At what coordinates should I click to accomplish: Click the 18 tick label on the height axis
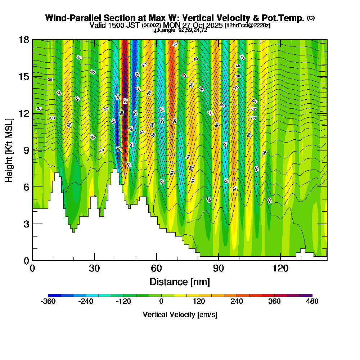[x=24, y=40]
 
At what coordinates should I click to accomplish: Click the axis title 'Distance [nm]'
[x=180, y=282]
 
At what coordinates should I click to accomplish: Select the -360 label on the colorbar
[x=48, y=302]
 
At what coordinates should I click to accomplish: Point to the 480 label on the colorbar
[x=312, y=302]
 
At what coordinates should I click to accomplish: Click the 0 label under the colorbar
[x=161, y=302]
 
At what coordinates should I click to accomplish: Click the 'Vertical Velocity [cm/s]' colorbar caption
[x=180, y=315]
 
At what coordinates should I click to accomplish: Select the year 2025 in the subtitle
[x=212, y=25]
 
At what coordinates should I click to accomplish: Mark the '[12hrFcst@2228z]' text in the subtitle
[x=247, y=26]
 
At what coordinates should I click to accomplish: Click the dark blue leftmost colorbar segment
[x=54, y=295]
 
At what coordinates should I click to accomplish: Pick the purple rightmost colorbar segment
[x=306, y=295]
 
